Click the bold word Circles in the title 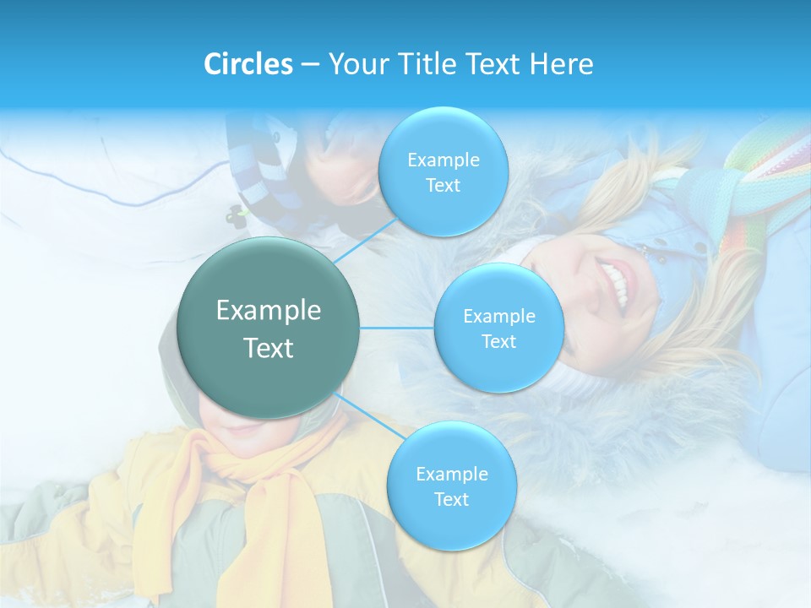pos(248,64)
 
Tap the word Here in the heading pos(561,64)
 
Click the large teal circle pos(269,328)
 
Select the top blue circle pos(443,171)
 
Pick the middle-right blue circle pos(498,328)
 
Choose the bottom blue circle pos(451,486)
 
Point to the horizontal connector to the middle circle pos(397,328)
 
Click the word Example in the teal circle pos(269,311)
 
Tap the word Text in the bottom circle pos(451,499)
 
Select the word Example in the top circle pos(443,160)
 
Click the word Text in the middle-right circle pos(498,341)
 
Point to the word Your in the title pos(355,64)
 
